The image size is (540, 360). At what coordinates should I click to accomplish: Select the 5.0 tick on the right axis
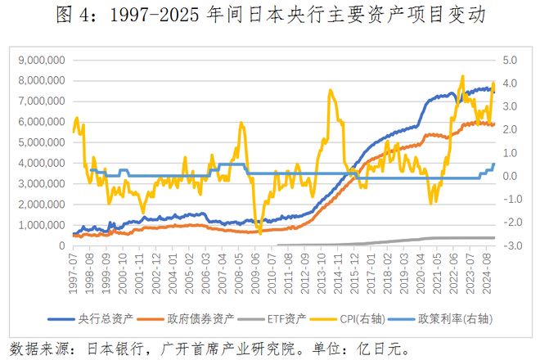(x=508, y=60)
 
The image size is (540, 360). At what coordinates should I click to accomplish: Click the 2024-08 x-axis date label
(x=490, y=274)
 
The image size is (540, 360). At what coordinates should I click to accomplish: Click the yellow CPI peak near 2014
(x=331, y=90)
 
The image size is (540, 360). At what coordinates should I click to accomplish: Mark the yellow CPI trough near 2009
(x=260, y=232)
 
